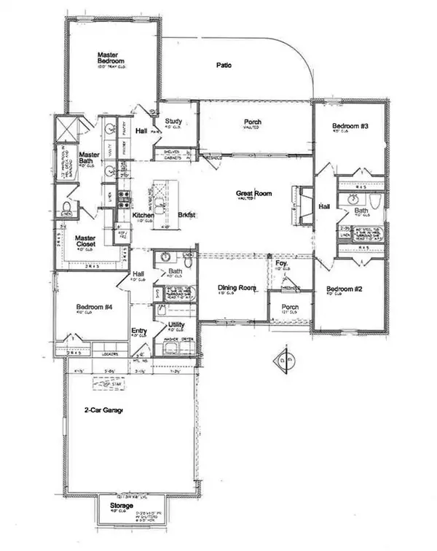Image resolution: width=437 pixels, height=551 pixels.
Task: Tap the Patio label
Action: (224, 66)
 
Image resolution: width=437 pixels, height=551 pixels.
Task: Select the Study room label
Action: (173, 122)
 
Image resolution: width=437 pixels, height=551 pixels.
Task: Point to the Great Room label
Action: (253, 194)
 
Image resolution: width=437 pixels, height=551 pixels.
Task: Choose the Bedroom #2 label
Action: (341, 289)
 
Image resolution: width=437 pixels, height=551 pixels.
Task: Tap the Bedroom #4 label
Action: (94, 308)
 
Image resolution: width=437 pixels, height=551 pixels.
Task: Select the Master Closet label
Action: (86, 241)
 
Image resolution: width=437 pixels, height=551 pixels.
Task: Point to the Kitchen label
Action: (143, 216)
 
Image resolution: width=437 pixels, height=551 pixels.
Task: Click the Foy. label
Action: (280, 262)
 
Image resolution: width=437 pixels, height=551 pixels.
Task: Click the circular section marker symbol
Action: (285, 359)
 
